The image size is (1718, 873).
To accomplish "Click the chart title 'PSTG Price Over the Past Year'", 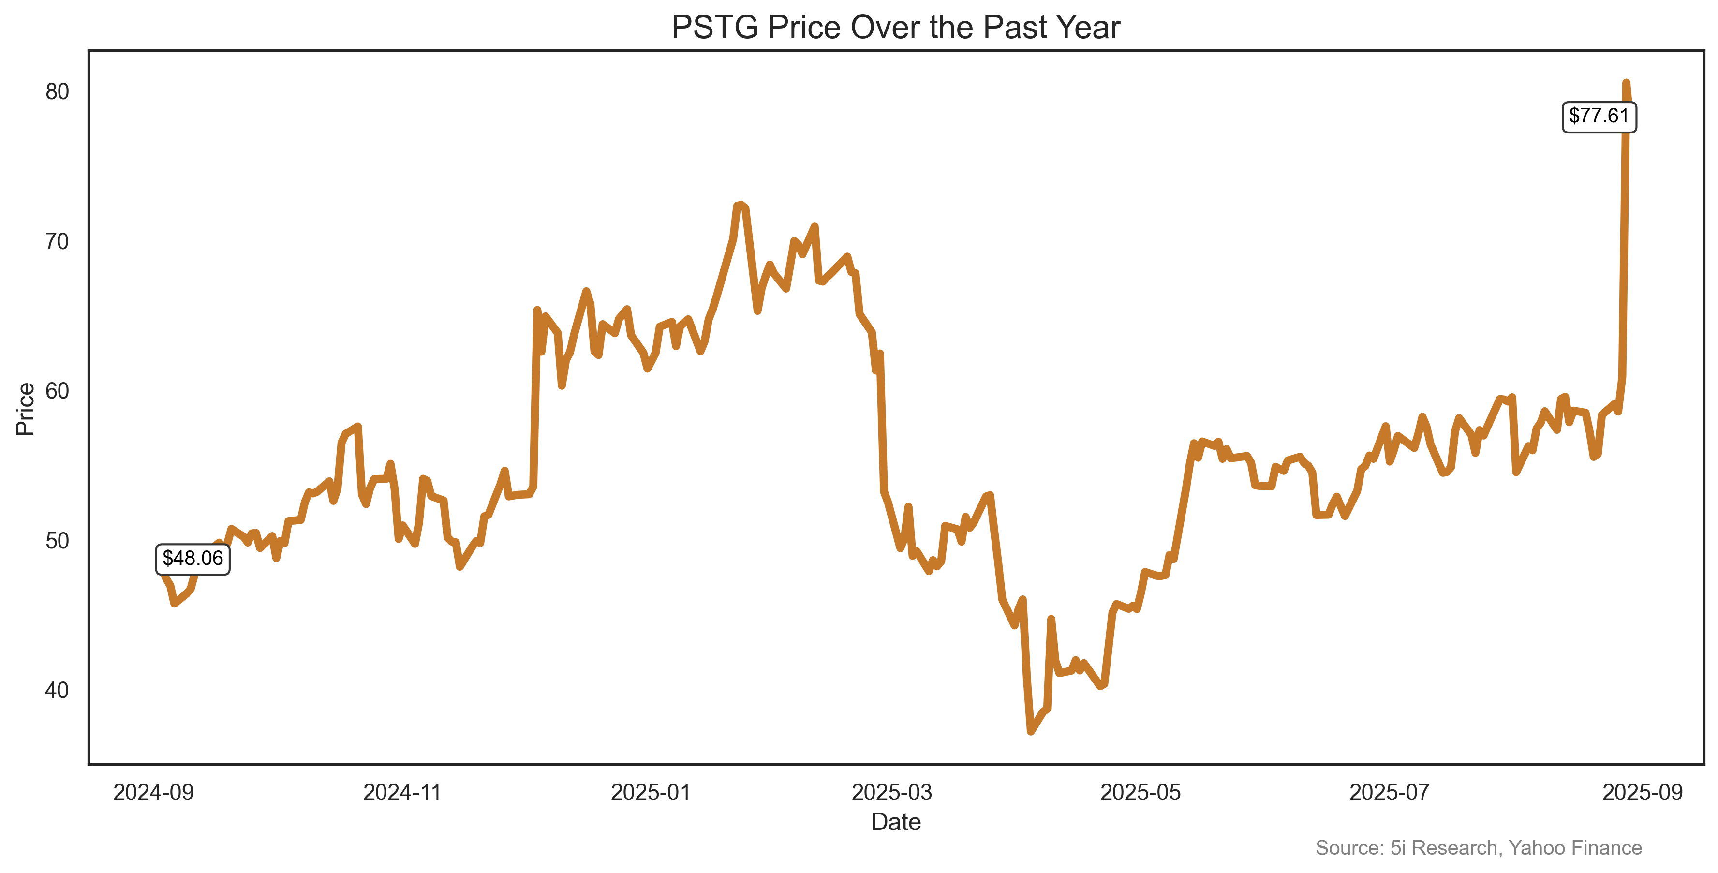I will pyautogui.click(x=896, y=28).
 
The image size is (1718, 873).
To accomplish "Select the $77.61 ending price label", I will pyautogui.click(x=1599, y=116).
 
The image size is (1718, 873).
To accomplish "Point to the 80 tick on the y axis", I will pyautogui.click(x=58, y=92).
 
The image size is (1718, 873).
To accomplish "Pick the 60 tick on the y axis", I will pyautogui.click(x=58, y=391).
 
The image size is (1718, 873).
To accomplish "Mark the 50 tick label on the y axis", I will pyautogui.click(x=58, y=541).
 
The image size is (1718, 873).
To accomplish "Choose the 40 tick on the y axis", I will pyautogui.click(x=58, y=690).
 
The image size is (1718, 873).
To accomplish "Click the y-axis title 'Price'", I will pyautogui.click(x=25, y=409).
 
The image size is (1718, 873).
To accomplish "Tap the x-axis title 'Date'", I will pyautogui.click(x=896, y=822).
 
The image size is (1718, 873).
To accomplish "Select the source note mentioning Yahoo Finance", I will pyautogui.click(x=1478, y=848).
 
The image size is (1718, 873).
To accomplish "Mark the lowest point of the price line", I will pyautogui.click(x=1031, y=731).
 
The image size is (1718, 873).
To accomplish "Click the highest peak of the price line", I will pyautogui.click(x=1626, y=83).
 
